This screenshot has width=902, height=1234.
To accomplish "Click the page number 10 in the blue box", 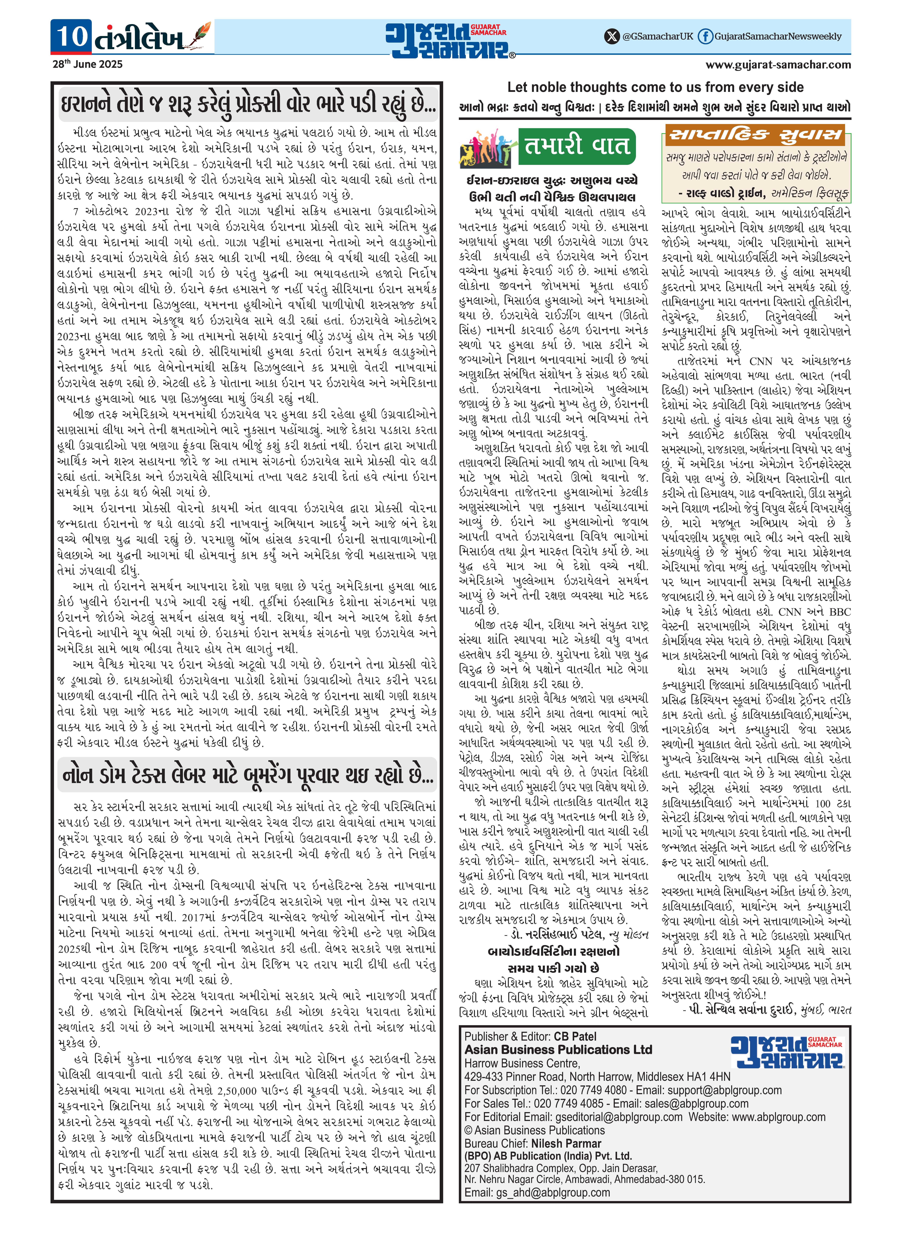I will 72,36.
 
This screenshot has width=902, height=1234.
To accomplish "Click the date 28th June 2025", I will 87,64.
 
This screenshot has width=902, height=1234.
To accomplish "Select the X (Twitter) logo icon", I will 612,37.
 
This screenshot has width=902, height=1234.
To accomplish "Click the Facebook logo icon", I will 705,37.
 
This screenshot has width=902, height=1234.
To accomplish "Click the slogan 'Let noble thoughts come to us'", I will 655,87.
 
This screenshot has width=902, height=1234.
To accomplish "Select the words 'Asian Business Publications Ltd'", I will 558,1050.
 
